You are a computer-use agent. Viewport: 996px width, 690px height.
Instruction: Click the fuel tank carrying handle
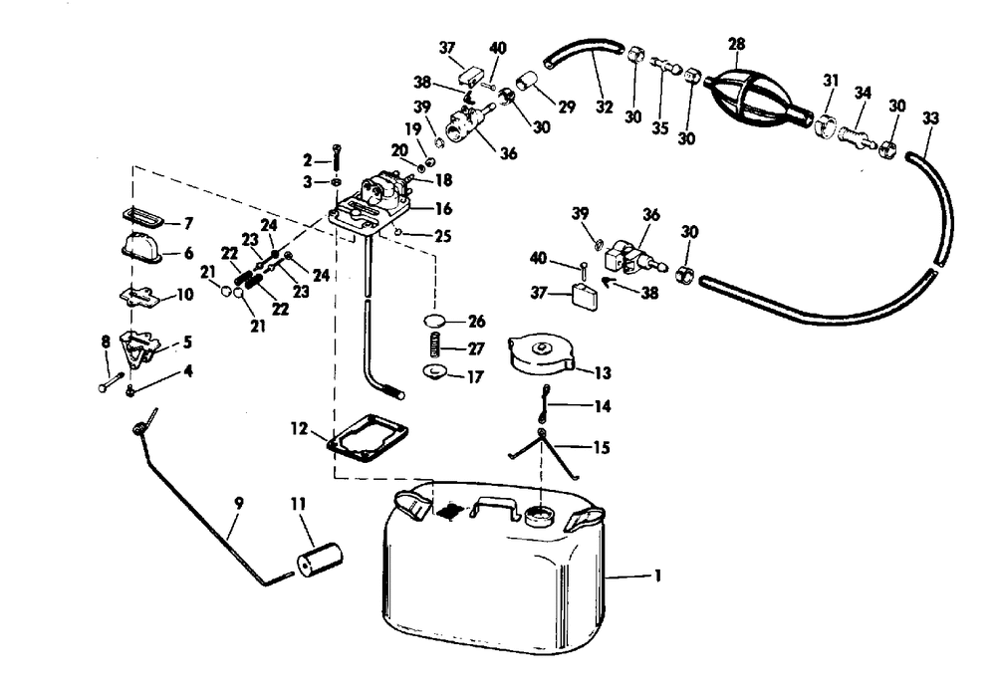point(495,507)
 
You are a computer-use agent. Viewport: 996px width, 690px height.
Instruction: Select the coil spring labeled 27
point(434,346)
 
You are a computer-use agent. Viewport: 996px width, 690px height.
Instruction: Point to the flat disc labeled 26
point(434,321)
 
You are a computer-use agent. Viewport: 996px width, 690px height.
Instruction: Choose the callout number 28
point(737,44)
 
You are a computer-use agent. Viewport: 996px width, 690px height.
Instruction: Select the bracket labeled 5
point(138,348)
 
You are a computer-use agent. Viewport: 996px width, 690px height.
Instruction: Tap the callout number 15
point(601,448)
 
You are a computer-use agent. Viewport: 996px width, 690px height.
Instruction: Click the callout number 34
point(863,93)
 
